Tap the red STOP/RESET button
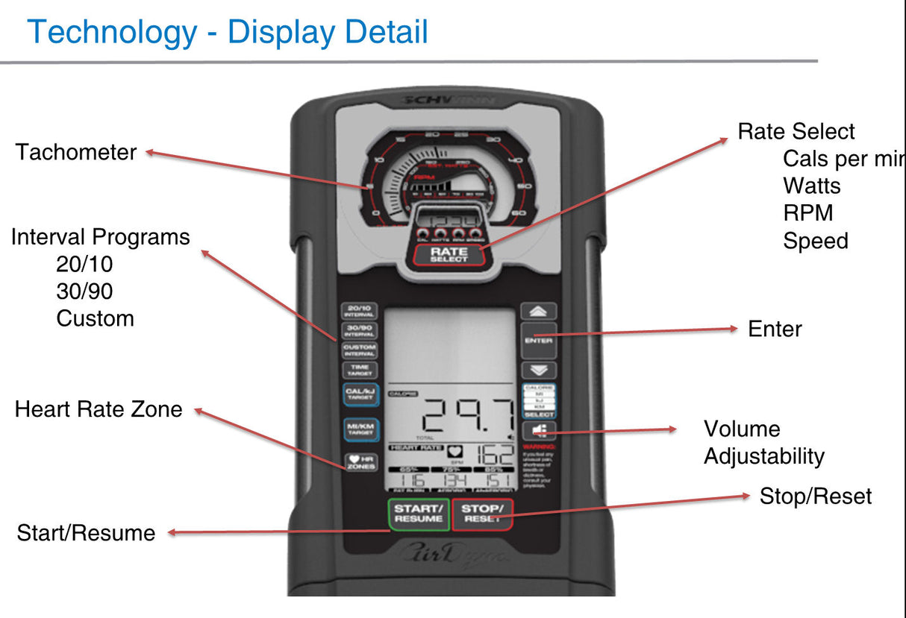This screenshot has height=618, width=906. [482, 514]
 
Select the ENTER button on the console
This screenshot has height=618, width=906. [538, 340]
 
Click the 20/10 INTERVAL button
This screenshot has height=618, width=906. [359, 311]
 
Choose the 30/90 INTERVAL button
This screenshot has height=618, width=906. [359, 330]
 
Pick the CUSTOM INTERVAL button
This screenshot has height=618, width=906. [359, 350]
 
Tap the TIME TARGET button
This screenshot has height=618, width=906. [359, 369]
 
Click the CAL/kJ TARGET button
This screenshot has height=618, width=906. [359, 394]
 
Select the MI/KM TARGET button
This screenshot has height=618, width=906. [359, 428]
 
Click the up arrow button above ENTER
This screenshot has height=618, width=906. [538, 311]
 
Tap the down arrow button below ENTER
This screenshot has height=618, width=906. [538, 369]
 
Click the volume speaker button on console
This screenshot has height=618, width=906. [538, 429]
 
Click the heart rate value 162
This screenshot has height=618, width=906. [494, 454]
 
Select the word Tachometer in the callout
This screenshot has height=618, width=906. [76, 152]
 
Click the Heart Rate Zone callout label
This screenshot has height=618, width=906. [99, 409]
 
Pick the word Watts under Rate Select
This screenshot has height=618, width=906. [812, 186]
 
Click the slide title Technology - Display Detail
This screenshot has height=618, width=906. [228, 32]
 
